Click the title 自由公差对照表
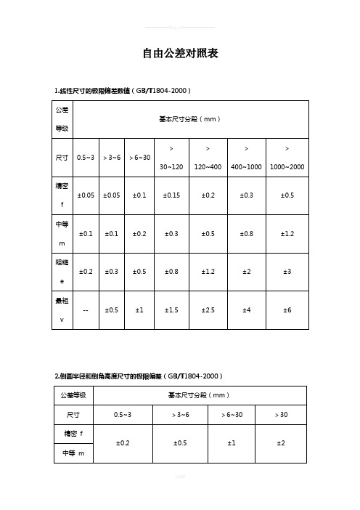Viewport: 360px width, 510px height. coord(180,54)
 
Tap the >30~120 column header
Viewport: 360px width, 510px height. coord(171,158)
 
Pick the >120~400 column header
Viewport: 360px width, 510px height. coord(208,158)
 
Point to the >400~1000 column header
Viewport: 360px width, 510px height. coord(247,158)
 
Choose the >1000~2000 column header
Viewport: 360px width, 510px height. coord(287,158)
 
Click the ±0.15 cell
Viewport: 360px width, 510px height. coord(171,195)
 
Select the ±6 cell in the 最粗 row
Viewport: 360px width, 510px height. coord(287,309)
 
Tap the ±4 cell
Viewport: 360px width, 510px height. coord(247,309)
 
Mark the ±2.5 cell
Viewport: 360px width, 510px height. coord(208,309)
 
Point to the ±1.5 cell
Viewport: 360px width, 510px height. coord(171,309)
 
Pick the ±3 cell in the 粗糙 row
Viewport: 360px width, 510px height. coord(287,271)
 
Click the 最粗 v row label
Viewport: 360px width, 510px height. coord(62,309)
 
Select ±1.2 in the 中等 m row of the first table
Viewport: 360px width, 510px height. coord(287,233)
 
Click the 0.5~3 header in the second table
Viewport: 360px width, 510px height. coord(123,414)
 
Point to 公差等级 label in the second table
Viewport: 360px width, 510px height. coord(73,395)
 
